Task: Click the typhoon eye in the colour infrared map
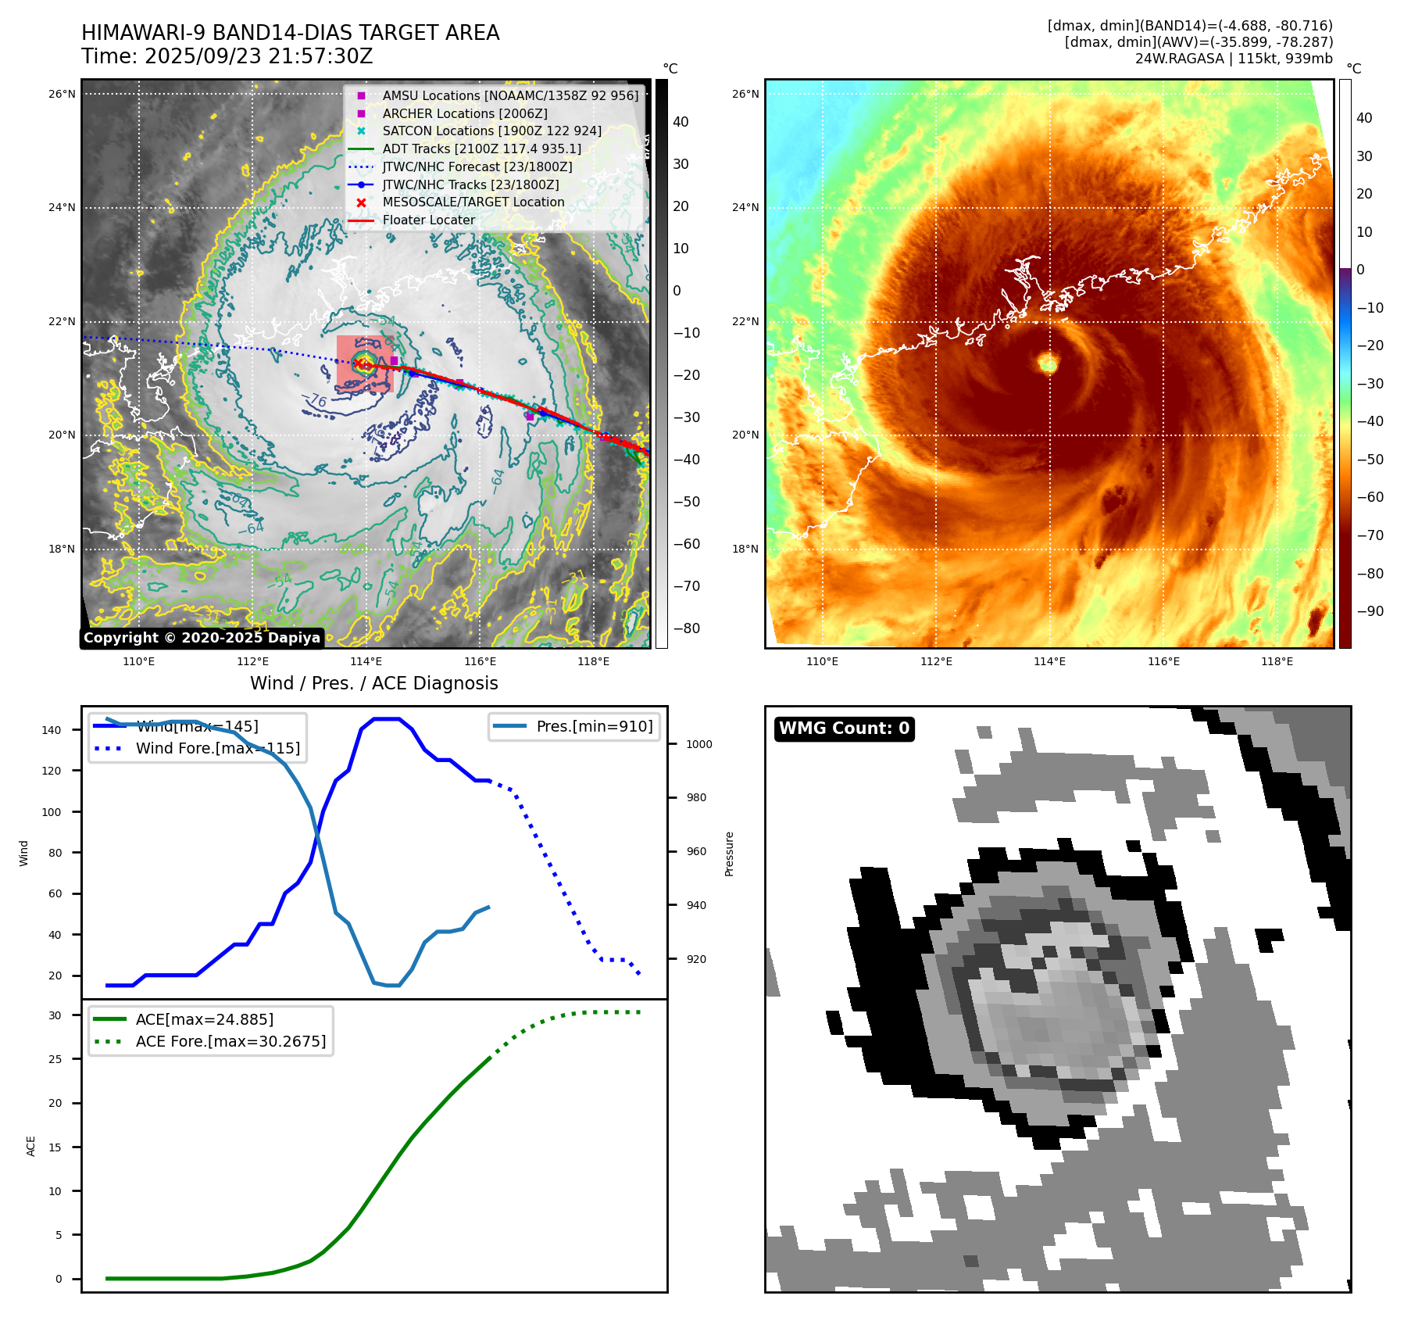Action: click(x=1048, y=363)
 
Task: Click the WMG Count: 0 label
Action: click(x=844, y=729)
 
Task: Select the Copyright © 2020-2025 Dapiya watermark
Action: click(x=202, y=638)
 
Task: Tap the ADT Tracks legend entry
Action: click(x=481, y=149)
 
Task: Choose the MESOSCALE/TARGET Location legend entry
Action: click(x=473, y=202)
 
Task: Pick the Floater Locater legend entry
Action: click(x=428, y=220)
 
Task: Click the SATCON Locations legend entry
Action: click(x=491, y=131)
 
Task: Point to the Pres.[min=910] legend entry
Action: click(x=594, y=726)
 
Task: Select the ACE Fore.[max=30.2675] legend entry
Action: click(x=230, y=1041)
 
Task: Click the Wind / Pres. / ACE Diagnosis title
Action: click(x=373, y=683)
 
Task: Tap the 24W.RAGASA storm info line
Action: click(x=1234, y=59)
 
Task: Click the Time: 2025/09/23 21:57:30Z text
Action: click(x=227, y=57)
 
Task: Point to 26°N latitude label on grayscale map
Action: click(x=62, y=95)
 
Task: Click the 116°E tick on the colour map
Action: click(x=1163, y=661)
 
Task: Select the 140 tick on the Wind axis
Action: click(x=52, y=730)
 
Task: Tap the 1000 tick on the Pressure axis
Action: click(x=698, y=744)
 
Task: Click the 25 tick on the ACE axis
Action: click(x=55, y=1059)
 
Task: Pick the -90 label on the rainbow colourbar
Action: click(x=1370, y=611)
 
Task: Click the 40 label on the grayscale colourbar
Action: click(x=681, y=122)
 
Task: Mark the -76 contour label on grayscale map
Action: click(x=316, y=401)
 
